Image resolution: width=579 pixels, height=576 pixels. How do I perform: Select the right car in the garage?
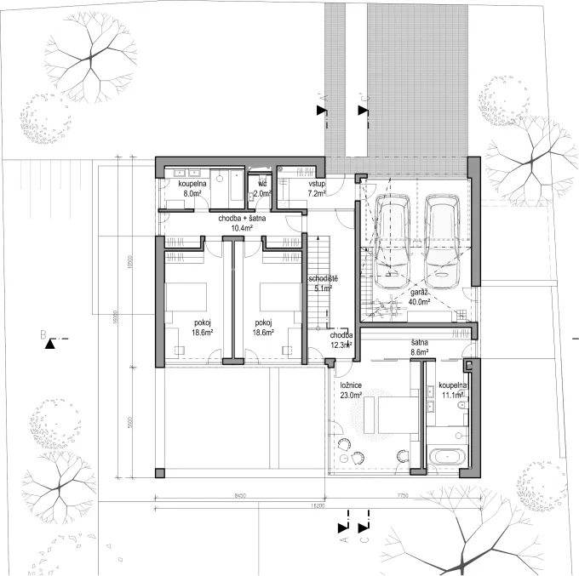pos(443,238)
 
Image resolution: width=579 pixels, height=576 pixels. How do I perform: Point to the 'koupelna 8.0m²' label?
pos(192,188)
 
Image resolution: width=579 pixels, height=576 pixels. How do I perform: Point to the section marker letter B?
pos(41,335)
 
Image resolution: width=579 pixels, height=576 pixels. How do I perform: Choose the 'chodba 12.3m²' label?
pos(341,340)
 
